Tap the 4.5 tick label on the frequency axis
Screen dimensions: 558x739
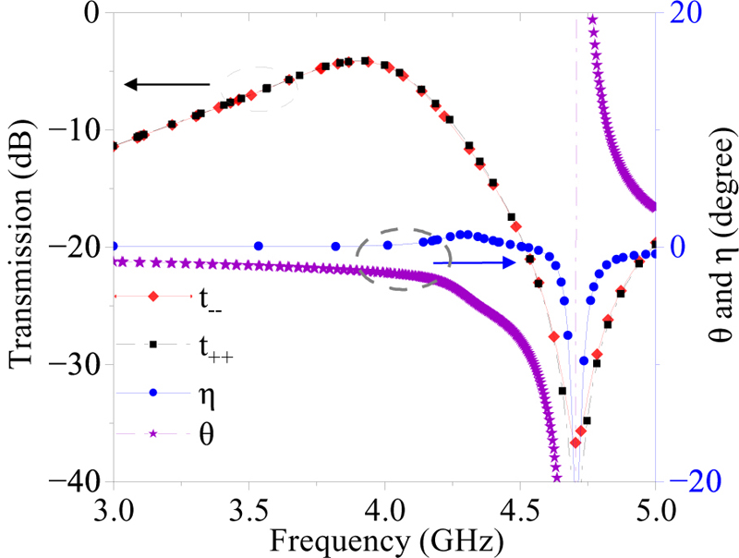tap(520, 506)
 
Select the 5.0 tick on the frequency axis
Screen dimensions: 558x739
tap(655, 506)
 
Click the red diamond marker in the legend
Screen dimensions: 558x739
tap(154, 296)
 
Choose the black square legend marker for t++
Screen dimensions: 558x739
tap(154, 344)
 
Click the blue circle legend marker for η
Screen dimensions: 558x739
tap(154, 393)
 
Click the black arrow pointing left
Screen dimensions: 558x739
tap(167, 85)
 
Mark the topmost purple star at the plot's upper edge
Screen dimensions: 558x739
tap(592, 20)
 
